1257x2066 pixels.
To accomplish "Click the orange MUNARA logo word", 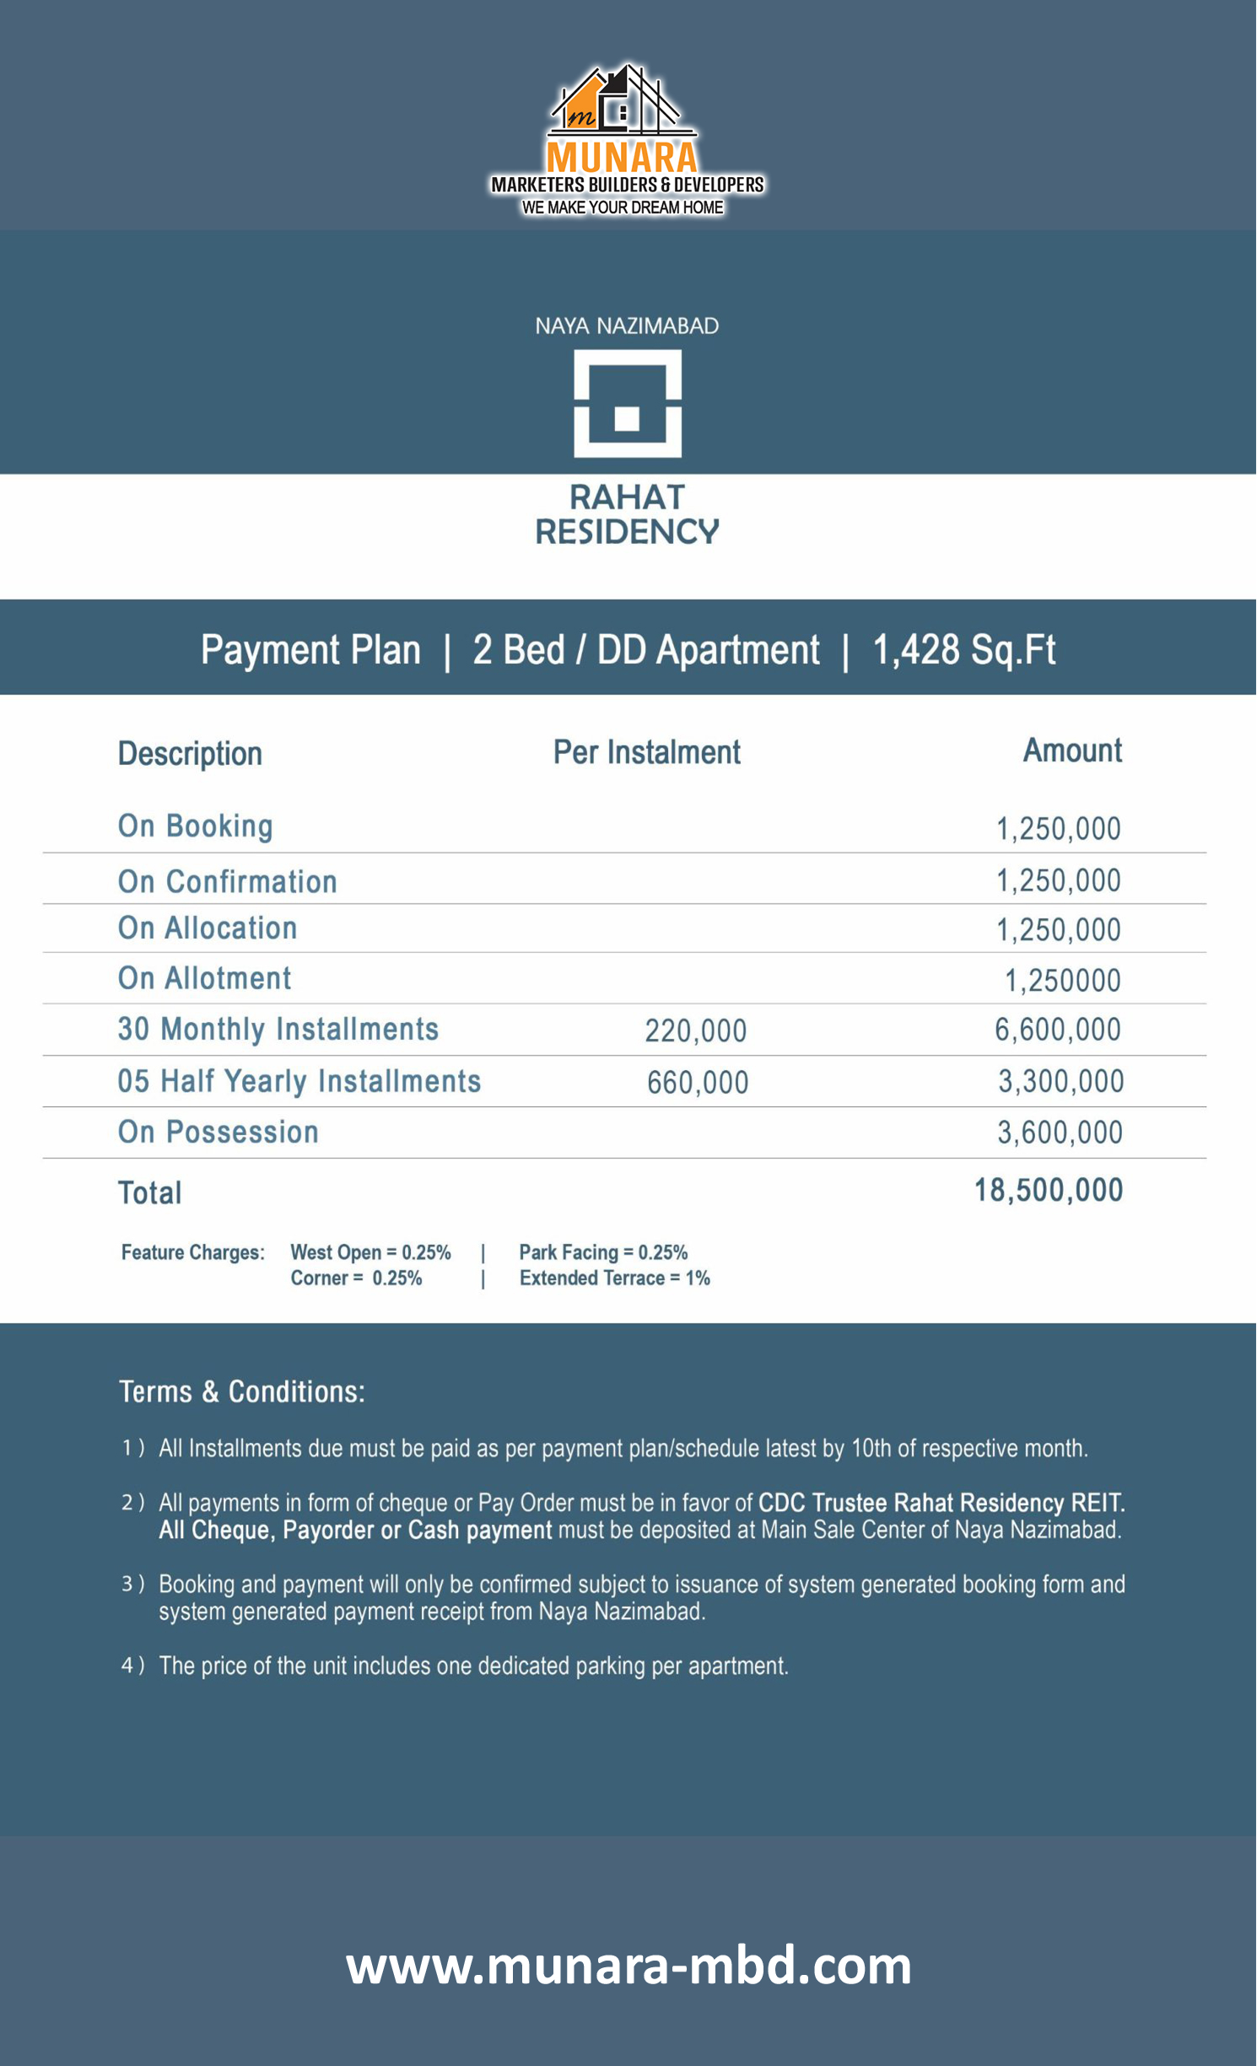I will click(622, 157).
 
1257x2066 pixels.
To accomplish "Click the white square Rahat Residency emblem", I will click(628, 404).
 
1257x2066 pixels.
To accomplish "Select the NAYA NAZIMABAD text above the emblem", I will click(627, 326).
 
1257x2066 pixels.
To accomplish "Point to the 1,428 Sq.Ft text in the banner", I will click(963, 650).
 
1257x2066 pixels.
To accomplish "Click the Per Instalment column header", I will click(646, 752).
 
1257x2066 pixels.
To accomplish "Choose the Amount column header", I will click(1072, 751).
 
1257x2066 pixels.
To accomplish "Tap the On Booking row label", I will click(195, 826).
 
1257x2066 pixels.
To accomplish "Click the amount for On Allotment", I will click(1062, 980).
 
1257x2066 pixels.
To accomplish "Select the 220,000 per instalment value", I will click(695, 1030).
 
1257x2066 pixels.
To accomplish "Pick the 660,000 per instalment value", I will click(698, 1083).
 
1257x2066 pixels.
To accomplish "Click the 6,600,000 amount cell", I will click(1057, 1030).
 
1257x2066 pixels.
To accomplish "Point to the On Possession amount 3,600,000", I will click(1060, 1133).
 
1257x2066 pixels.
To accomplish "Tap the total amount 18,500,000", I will click(1049, 1191).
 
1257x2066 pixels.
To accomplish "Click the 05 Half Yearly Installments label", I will click(299, 1081).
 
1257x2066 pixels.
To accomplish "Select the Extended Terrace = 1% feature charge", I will click(614, 1278).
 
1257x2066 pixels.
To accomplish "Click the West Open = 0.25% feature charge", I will click(370, 1252).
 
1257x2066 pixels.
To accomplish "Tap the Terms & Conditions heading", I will click(241, 1391).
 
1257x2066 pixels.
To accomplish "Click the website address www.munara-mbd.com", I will click(628, 1966).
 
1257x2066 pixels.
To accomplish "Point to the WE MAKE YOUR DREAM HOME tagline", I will click(623, 207).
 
